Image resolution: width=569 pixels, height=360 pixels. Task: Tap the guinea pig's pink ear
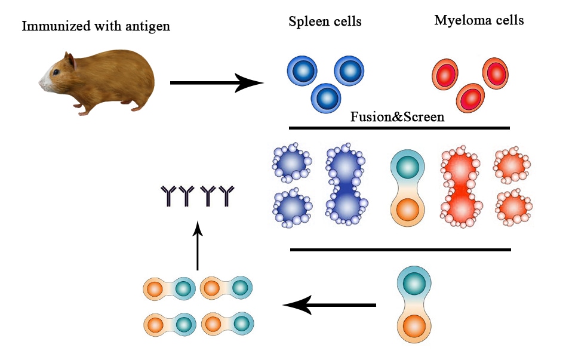point(70,61)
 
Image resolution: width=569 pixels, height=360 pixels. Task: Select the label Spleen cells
point(325,22)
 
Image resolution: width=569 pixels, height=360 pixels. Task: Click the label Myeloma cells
point(479,20)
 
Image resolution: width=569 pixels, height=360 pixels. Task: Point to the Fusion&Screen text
point(397,117)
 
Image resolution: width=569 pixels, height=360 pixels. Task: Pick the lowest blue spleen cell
point(326,96)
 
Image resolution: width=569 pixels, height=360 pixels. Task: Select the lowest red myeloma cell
point(470,97)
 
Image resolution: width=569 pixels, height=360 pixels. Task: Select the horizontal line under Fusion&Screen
point(399,128)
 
